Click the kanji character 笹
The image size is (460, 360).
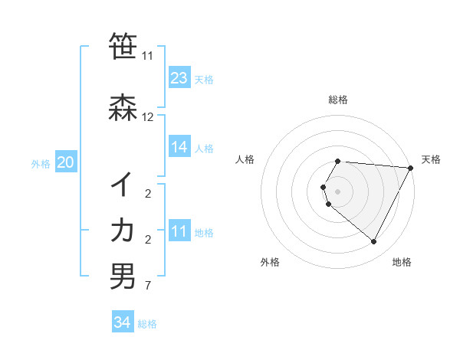click(123, 46)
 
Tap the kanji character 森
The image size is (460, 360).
click(123, 107)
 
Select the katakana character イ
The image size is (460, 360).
click(123, 184)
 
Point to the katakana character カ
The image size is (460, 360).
click(123, 230)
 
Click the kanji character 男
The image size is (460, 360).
click(123, 276)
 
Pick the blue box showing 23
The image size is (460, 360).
click(179, 78)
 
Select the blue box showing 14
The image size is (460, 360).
click(179, 148)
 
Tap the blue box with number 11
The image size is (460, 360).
click(179, 232)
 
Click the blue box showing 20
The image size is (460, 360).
click(65, 162)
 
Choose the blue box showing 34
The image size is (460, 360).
click(122, 323)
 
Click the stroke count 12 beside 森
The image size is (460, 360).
click(148, 117)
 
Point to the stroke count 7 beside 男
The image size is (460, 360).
click(148, 286)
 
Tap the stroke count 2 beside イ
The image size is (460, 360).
click(148, 194)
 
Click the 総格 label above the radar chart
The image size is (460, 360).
click(338, 100)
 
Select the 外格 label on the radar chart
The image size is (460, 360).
click(270, 262)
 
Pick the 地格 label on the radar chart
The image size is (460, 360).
click(402, 262)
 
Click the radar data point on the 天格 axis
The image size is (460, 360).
click(410, 168)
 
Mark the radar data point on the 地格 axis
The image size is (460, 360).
click(374, 241)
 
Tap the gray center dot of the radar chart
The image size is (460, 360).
click(338, 191)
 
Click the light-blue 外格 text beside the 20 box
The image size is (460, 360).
click(41, 163)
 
